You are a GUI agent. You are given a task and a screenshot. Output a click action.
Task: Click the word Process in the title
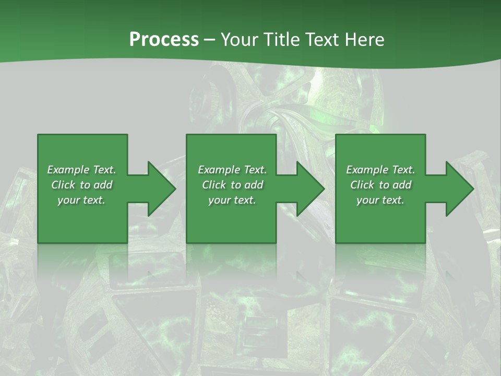coord(164,40)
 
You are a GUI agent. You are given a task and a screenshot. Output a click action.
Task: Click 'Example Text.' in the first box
coord(81,170)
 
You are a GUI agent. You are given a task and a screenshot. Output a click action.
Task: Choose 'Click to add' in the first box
coord(81,185)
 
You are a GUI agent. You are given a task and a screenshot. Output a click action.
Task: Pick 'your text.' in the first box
coord(81,200)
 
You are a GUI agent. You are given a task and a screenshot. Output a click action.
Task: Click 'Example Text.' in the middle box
coord(232,170)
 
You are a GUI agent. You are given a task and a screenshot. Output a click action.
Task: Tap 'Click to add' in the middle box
coord(232,185)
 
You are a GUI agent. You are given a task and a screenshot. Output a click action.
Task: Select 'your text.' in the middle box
coord(232,200)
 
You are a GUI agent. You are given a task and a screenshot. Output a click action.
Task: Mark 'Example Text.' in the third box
coord(380,170)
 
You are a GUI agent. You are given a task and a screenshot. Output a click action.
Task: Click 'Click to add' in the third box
coord(380,185)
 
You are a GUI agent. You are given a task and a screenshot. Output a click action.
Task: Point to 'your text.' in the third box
coord(380,200)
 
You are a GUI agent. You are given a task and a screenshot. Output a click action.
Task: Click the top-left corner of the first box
coord(38,135)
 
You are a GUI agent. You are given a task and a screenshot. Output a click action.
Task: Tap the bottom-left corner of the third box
coord(336,242)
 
